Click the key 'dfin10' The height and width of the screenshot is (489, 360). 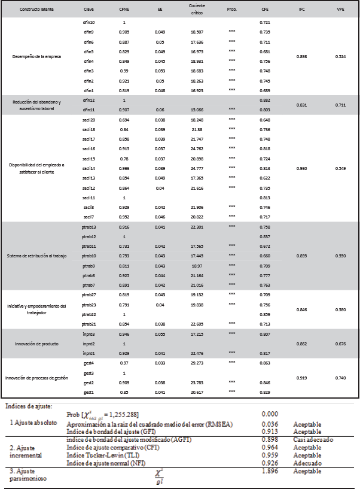(x=89, y=22)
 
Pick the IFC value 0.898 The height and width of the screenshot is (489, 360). (x=302, y=57)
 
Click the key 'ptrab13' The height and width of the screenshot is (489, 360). (x=89, y=227)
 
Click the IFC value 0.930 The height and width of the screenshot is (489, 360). (x=302, y=169)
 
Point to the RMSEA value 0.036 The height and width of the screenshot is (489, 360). (x=271, y=424)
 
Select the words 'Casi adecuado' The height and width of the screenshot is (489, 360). (x=313, y=439)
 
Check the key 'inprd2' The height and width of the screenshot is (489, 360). (x=89, y=344)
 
